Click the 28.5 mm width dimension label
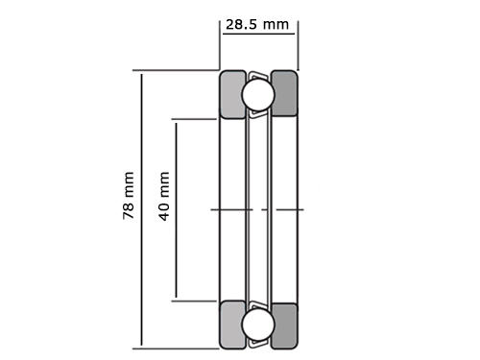[x=257, y=25]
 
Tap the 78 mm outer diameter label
[x=129, y=195]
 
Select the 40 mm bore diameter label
[x=164, y=196]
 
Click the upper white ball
[x=258, y=95]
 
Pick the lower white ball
[x=258, y=324]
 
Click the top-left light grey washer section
[x=232, y=95]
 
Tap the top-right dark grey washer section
[x=284, y=93]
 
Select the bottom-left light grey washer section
[x=232, y=324]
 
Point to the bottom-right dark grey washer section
[x=284, y=325]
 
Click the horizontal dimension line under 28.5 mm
[x=258, y=34]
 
